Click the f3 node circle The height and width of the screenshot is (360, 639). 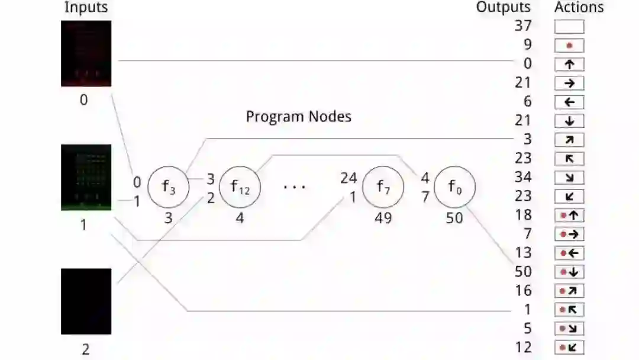click(x=168, y=187)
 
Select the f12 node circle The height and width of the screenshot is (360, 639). click(x=240, y=187)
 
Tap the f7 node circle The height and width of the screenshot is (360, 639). click(x=383, y=187)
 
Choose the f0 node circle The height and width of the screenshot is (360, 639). click(x=454, y=187)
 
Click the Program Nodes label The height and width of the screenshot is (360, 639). click(x=298, y=117)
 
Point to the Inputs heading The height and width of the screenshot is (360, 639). click(x=86, y=8)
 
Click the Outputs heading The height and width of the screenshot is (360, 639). click(x=504, y=8)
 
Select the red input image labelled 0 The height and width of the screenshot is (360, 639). click(x=86, y=54)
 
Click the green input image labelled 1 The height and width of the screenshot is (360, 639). click(x=86, y=178)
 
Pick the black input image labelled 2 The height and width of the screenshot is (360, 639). click(x=86, y=301)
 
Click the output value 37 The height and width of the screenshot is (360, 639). click(x=523, y=25)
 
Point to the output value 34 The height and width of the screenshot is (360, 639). click(x=523, y=177)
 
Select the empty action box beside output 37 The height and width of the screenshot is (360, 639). click(x=569, y=27)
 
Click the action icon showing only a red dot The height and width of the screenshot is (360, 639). click(x=569, y=46)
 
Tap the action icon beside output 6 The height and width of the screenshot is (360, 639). click(x=569, y=102)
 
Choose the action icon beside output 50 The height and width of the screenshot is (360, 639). click(x=569, y=272)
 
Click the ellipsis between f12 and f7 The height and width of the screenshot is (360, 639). click(x=294, y=187)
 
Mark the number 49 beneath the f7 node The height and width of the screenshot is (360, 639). click(x=383, y=218)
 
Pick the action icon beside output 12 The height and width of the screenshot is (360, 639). click(x=569, y=348)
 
